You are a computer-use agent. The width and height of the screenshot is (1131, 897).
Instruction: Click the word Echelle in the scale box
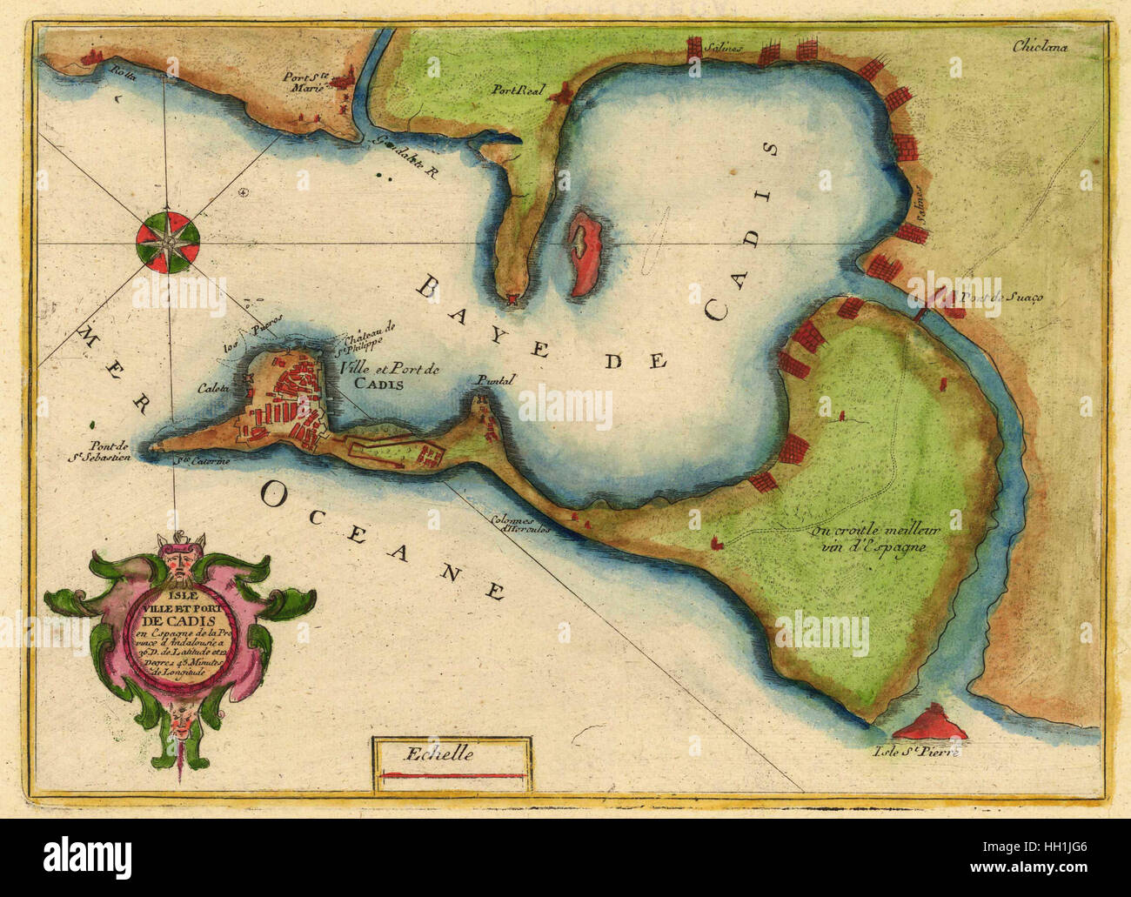(x=450, y=754)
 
